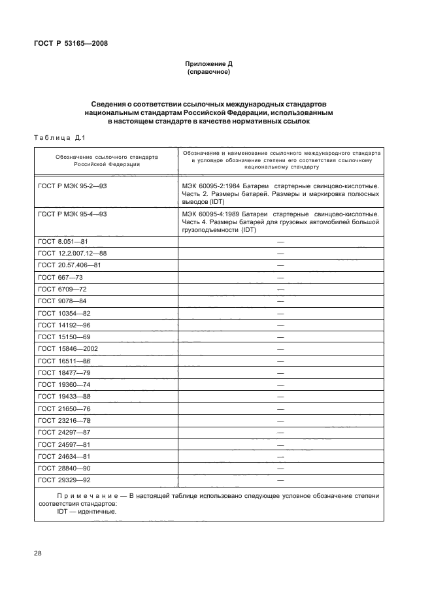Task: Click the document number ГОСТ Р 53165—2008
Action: [x=71, y=43]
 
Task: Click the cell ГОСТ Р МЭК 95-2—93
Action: [x=73, y=186]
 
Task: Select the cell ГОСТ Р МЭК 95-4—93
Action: [x=73, y=214]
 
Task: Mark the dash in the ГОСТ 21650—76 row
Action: [x=280, y=408]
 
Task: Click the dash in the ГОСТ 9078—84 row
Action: [x=280, y=301]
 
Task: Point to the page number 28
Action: [x=38, y=553]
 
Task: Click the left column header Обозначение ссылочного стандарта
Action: [x=107, y=161]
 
